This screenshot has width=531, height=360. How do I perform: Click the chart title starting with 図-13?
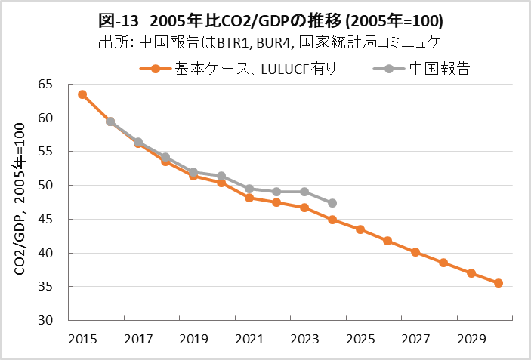(x=266, y=18)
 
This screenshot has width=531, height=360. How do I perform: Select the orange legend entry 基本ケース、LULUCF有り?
(x=239, y=69)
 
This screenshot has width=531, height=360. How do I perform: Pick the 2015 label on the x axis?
(x=82, y=339)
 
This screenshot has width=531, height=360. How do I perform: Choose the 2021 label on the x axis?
(x=249, y=339)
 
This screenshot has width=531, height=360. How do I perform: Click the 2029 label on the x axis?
(x=471, y=339)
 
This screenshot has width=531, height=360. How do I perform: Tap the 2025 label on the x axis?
(x=360, y=339)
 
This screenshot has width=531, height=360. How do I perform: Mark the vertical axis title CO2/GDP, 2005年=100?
(x=20, y=202)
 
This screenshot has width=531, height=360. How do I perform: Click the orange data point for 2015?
(x=82, y=94)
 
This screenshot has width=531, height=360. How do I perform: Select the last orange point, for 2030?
(x=499, y=283)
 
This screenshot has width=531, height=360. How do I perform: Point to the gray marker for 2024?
(x=332, y=203)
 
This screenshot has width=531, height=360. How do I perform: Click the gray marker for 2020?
(x=221, y=176)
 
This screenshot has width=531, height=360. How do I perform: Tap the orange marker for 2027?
(x=415, y=252)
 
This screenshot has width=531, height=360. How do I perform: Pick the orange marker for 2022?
(x=276, y=202)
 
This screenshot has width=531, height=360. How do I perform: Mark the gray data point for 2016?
(x=110, y=122)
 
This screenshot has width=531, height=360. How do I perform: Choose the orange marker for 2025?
(x=360, y=229)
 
